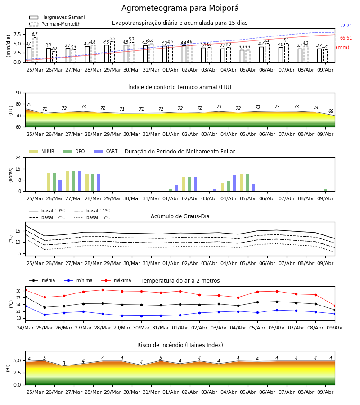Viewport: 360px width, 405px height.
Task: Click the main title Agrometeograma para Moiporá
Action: coord(180,8)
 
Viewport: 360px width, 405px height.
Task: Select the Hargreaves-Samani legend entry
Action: coord(57,17)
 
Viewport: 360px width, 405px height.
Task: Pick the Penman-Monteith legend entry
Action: coord(55,24)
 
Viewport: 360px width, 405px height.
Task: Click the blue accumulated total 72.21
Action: coord(346,26)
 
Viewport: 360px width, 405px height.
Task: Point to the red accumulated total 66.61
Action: coord(346,38)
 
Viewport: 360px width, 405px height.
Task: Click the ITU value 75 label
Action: coord(29,104)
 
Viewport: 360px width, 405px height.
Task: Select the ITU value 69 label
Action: coord(331,111)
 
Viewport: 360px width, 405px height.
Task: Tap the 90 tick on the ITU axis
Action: coord(18,93)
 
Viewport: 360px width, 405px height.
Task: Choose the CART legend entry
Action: coord(106,151)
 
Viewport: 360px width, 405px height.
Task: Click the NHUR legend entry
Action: coord(42,151)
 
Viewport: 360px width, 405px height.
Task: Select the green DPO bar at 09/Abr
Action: coord(325,190)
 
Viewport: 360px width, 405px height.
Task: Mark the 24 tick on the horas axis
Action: coord(18,157)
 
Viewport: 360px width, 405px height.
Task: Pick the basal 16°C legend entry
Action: coord(92,217)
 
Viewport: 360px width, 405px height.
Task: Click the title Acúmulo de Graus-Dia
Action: coord(180,216)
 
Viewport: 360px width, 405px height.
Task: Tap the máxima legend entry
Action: coord(117,280)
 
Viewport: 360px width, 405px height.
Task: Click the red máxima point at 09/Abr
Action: coord(335,306)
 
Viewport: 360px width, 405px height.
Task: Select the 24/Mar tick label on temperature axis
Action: coord(25,328)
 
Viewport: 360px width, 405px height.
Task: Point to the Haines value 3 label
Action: coord(64,363)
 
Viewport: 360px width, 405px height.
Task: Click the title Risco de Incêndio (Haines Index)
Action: coord(180,345)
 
